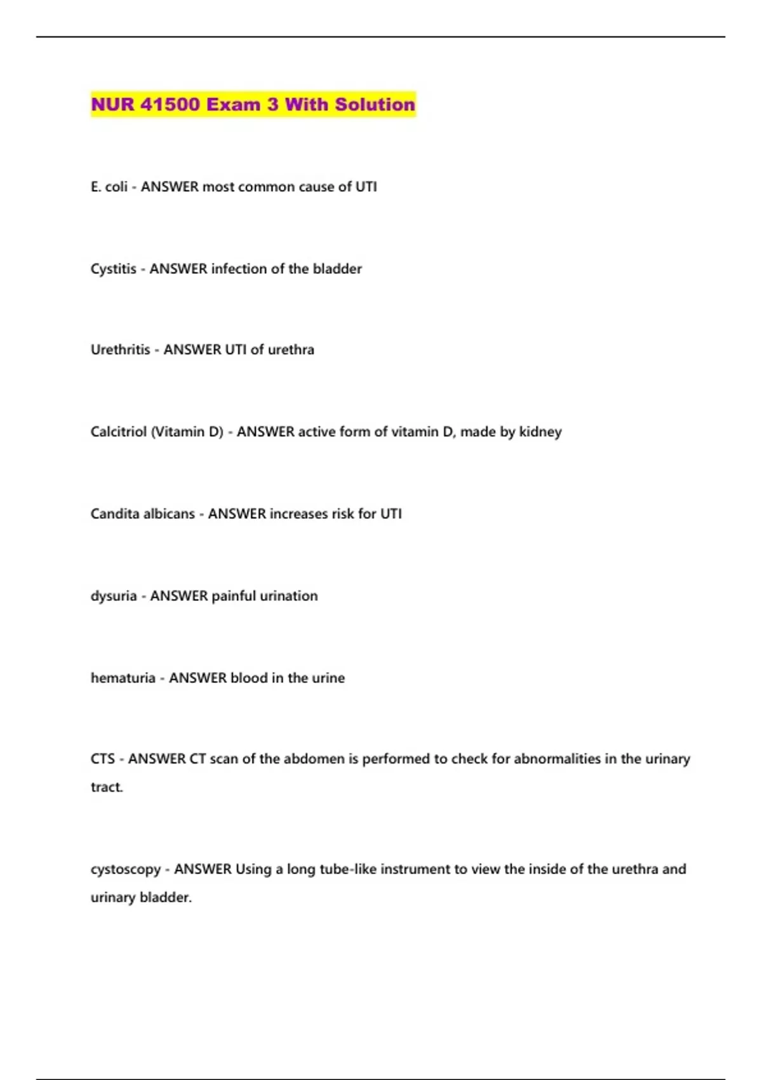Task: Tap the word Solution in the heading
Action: point(375,104)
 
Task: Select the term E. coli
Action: point(109,187)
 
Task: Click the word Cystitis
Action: point(114,269)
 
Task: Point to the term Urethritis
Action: point(121,349)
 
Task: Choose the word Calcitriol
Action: point(119,432)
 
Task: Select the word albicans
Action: point(170,514)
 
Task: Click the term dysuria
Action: point(114,596)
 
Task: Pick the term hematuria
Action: point(123,678)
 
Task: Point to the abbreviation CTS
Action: point(103,759)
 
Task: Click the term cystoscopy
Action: point(126,869)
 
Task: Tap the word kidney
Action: point(540,432)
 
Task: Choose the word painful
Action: point(234,596)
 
